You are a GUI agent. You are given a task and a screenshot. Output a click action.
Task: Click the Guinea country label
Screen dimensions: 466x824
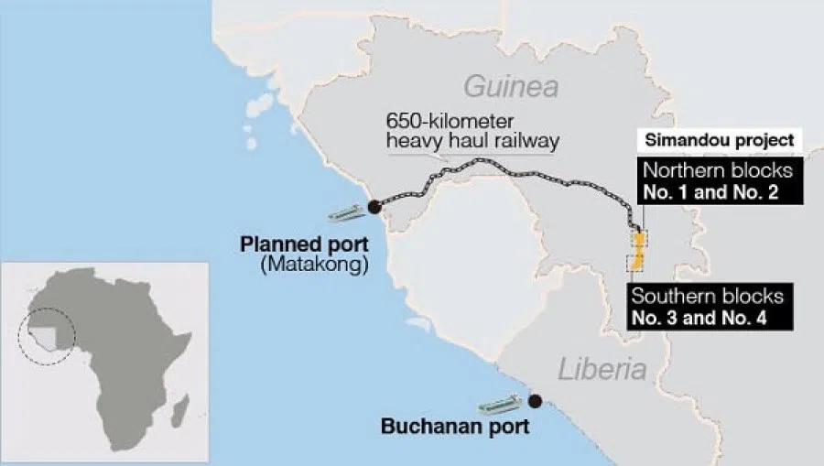[x=510, y=88]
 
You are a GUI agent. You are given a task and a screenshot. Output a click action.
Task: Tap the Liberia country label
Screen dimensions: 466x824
[x=602, y=370]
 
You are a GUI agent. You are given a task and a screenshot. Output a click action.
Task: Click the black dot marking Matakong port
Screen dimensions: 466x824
[x=374, y=207]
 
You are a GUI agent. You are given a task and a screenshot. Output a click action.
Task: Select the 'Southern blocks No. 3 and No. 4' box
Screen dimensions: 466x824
[x=707, y=307]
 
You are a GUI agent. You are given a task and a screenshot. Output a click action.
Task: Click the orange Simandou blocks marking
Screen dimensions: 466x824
[x=638, y=251]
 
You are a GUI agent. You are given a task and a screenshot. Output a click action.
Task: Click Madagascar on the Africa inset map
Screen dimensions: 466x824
[x=180, y=404]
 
